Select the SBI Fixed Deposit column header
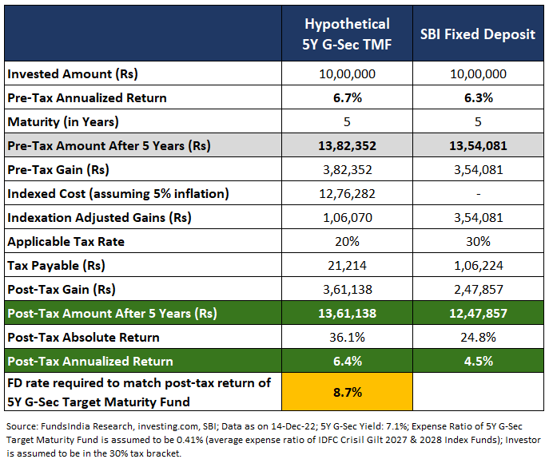tap(477, 34)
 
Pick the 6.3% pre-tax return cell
tap(477, 98)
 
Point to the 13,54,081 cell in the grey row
tap(477, 146)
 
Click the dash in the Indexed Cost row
tap(477, 194)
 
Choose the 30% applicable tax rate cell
tap(477, 241)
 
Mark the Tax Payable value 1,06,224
tap(477, 265)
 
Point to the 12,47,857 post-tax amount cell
tap(477, 313)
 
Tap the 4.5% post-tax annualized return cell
tap(477, 361)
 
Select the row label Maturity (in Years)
tap(63, 122)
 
